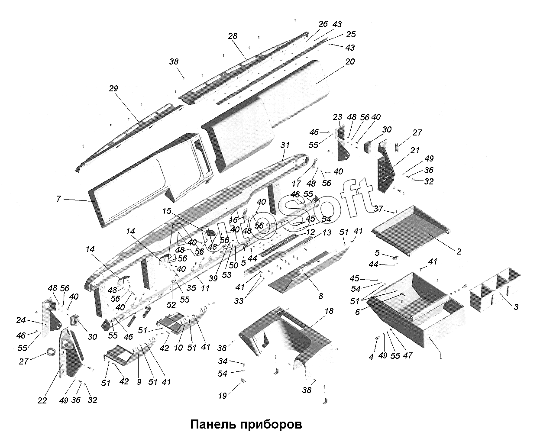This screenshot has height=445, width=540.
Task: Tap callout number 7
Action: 58,199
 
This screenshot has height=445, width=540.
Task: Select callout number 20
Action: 349,62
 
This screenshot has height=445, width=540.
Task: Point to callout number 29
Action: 113,88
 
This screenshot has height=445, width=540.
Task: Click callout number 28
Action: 233,36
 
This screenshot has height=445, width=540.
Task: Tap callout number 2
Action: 459,252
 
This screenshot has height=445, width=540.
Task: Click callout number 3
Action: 516,307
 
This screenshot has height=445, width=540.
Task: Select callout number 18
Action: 329,311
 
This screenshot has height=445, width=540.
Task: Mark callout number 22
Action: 42,400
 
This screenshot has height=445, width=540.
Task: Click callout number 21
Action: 415,150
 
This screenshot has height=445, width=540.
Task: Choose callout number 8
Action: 320,296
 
